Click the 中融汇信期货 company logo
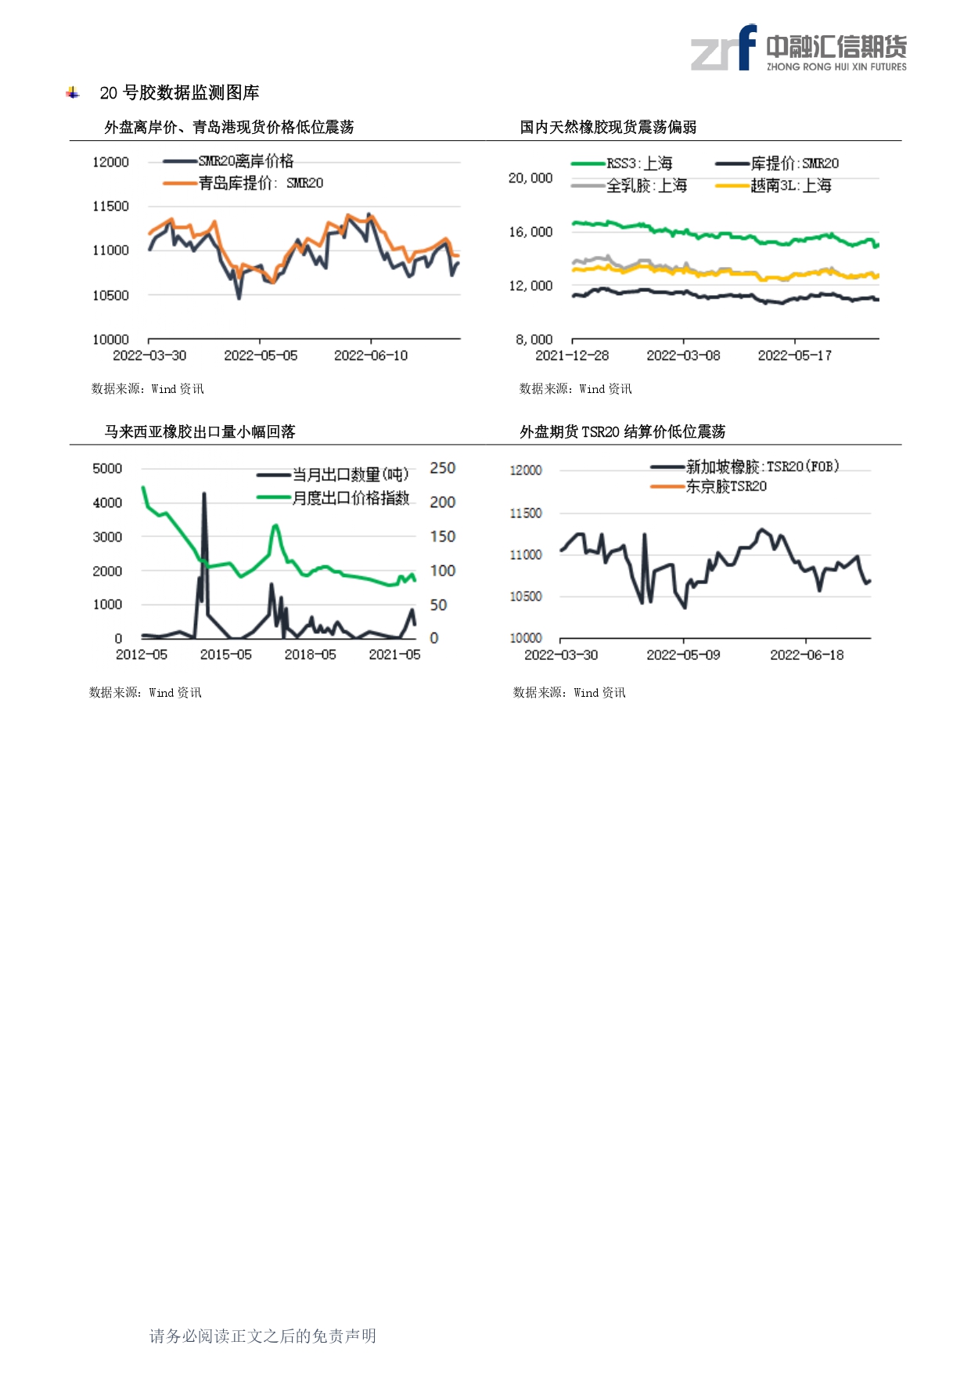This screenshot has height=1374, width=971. [798, 48]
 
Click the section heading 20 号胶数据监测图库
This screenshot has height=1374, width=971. [179, 92]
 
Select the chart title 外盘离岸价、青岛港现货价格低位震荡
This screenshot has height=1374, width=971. [229, 127]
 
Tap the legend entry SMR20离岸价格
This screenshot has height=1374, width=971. [228, 161]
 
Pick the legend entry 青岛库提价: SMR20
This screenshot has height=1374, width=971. [243, 183]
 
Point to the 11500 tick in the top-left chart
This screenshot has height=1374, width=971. [110, 206]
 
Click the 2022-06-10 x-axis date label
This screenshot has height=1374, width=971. [371, 355]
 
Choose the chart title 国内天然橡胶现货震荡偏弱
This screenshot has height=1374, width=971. [608, 127]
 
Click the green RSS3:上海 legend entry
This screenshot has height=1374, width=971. [622, 164]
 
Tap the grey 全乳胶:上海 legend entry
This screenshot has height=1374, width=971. [629, 186]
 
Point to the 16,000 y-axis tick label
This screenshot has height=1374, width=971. [530, 232]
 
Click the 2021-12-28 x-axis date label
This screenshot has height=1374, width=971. [572, 355]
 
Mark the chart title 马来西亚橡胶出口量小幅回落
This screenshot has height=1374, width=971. [200, 431]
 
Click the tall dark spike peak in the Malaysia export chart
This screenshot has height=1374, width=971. [204, 493]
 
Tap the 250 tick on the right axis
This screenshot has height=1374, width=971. [442, 468]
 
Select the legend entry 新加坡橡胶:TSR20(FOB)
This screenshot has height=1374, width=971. [745, 467]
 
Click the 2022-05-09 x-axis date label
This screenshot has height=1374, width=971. [683, 655]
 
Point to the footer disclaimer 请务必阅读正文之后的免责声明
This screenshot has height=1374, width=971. [263, 1336]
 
